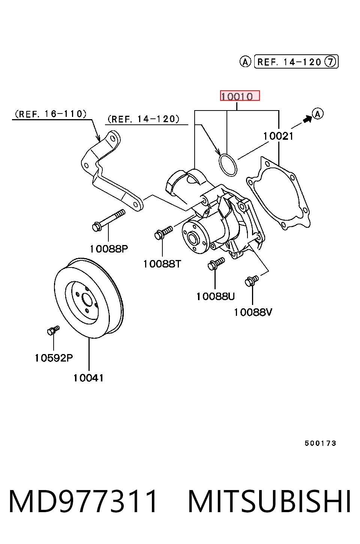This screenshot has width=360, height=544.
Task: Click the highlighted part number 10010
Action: click(x=240, y=96)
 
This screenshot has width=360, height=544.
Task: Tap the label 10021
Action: click(x=278, y=136)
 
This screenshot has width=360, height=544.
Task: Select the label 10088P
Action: click(x=109, y=249)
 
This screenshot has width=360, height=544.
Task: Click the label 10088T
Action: click(x=162, y=264)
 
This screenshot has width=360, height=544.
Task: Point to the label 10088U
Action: click(x=215, y=296)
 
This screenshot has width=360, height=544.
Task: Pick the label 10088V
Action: click(x=253, y=312)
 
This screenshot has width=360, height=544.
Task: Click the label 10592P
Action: click(x=54, y=358)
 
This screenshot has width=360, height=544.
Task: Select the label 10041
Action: click(x=88, y=378)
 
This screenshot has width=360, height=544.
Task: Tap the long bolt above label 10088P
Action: click(x=109, y=220)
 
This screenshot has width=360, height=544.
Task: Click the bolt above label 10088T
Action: click(x=163, y=232)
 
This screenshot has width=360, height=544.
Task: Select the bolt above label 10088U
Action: click(x=216, y=263)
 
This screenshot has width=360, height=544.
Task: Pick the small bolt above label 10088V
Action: click(x=252, y=281)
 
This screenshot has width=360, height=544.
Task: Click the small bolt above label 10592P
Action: click(x=53, y=330)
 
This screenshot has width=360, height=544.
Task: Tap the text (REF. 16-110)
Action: click(x=51, y=114)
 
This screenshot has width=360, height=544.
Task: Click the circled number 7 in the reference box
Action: click(x=330, y=61)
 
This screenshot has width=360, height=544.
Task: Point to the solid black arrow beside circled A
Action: click(x=307, y=119)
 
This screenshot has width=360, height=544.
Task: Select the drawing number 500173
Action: click(x=320, y=444)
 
